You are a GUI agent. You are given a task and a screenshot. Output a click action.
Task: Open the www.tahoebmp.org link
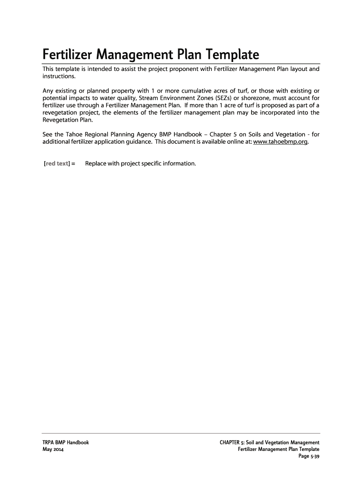click(281, 142)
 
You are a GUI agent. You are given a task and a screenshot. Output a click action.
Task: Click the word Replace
click(96, 163)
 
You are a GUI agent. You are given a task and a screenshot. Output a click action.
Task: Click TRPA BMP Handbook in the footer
click(65, 442)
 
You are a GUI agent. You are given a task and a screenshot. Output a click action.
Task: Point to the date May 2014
click(53, 450)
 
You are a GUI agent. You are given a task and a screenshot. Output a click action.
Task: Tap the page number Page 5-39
click(309, 457)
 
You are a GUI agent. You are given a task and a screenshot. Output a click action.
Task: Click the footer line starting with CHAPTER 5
click(269, 442)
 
